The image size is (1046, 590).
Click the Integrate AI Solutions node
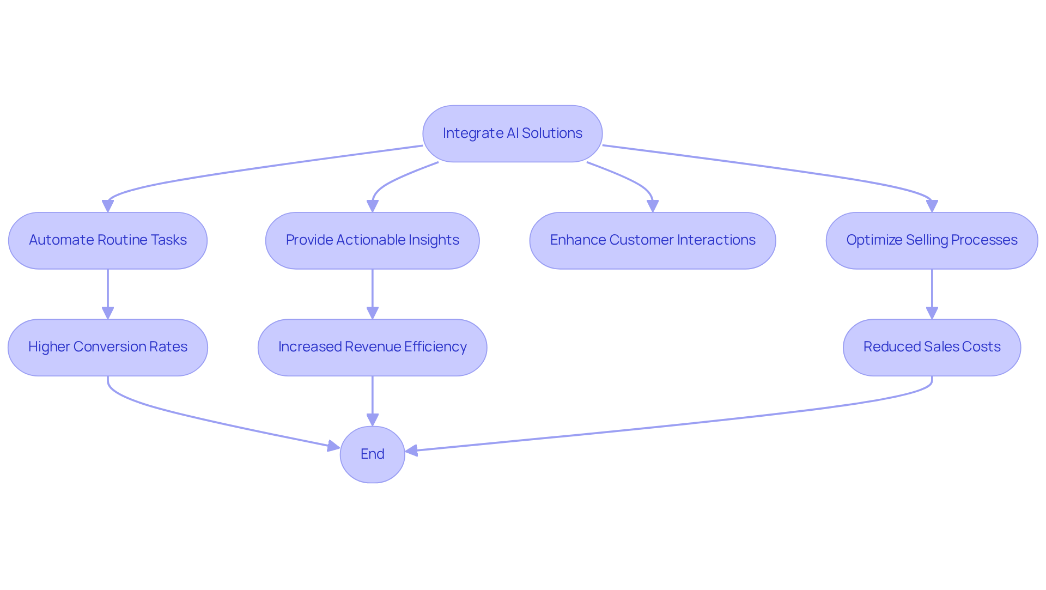512,133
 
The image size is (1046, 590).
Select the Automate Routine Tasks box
108,240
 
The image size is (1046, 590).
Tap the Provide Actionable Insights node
372,240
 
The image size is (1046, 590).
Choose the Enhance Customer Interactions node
652,240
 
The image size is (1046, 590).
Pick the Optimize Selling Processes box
932,240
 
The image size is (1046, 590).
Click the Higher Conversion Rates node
108,347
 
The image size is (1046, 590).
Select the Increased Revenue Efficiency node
372,347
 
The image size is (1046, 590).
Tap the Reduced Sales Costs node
932,347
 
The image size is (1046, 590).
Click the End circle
372,454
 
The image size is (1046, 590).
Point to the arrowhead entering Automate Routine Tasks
108,206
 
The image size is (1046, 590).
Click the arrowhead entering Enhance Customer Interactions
652,206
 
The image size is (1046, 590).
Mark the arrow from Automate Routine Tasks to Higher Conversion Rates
108,291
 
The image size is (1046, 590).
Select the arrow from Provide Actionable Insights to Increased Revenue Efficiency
372,291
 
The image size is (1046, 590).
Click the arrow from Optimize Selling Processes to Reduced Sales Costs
932,291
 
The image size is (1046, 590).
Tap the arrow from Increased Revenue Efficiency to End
372,398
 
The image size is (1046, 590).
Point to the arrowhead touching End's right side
412,451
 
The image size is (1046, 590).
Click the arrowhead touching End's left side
333,447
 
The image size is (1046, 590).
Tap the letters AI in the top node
512,133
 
